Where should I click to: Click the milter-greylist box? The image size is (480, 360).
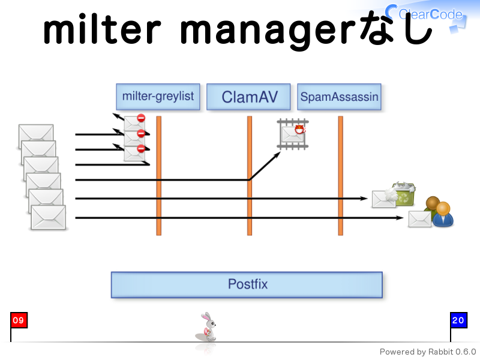click(158, 97)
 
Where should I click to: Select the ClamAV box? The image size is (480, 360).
click(248, 97)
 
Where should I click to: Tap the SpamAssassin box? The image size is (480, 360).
click(339, 97)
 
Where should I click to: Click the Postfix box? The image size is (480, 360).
click(247, 284)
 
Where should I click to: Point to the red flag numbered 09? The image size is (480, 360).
click(19, 320)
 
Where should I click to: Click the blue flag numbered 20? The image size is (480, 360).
click(458, 320)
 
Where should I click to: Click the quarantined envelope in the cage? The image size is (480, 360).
click(293, 134)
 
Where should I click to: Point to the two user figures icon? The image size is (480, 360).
click(439, 212)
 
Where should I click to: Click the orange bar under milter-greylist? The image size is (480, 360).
click(158, 176)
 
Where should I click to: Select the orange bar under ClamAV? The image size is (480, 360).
click(250, 176)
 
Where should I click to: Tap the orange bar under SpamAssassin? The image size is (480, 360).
click(340, 176)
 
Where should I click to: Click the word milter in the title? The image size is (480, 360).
click(102, 29)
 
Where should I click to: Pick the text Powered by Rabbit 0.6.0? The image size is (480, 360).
click(428, 352)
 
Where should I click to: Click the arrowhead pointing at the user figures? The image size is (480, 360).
click(400, 218)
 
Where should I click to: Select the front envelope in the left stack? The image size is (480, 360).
click(49, 217)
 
